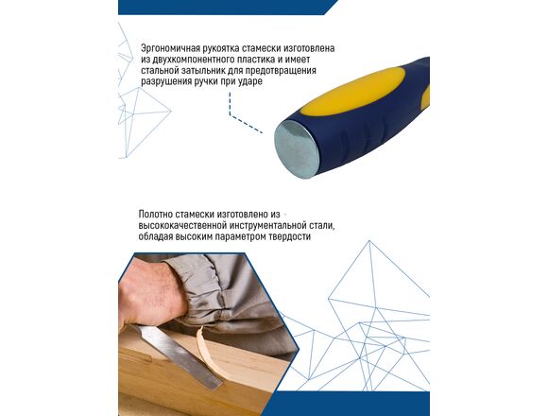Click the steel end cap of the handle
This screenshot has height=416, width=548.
click(296, 149)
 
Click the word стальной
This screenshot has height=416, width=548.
click(159, 70)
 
